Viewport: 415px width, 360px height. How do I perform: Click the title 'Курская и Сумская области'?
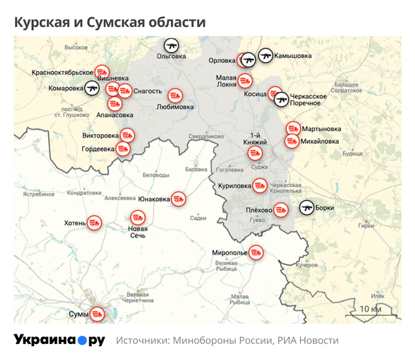110,22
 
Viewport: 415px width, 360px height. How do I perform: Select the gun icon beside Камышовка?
266,55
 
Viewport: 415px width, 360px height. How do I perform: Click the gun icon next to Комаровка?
91,88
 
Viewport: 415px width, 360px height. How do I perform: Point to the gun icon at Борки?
306,207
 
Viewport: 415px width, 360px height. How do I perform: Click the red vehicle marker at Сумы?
98,314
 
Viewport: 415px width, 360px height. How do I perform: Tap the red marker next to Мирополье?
257,253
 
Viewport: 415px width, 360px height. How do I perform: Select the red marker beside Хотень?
95,223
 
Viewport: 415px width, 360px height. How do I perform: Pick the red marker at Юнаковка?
178,199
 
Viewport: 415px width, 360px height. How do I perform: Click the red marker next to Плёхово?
281,208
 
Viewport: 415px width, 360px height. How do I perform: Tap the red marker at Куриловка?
260,186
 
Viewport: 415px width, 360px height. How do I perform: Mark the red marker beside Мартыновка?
293,129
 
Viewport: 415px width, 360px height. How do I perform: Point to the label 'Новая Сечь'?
138,233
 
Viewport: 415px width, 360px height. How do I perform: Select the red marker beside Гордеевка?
123,148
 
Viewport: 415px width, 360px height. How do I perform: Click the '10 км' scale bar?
370,309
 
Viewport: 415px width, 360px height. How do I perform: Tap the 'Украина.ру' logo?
59,341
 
